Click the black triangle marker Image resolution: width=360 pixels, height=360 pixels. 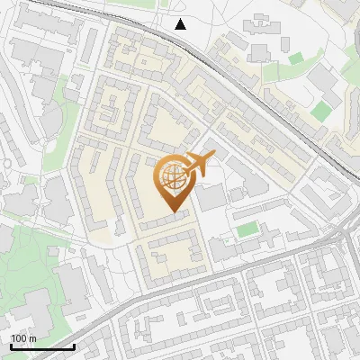click(181, 24)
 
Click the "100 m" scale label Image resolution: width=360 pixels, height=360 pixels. click(23, 338)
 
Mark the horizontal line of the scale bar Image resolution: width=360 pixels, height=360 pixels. click(42, 346)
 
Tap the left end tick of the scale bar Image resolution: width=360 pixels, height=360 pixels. click(11, 345)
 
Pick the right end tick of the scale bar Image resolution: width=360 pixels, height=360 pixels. click(74, 345)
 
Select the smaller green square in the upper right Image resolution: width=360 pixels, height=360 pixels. click(296, 58)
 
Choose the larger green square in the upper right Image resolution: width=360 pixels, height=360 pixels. click(322, 110)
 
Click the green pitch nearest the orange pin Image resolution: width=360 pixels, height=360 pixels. click(247, 229)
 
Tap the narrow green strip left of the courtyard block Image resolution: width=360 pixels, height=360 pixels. click(72, 90)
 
